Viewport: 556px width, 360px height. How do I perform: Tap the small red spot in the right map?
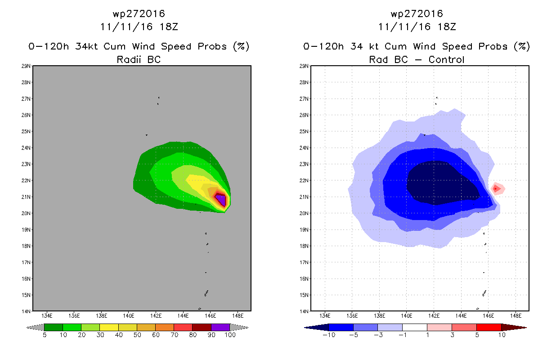pos(495,189)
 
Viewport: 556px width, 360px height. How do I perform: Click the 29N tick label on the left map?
pos(26,66)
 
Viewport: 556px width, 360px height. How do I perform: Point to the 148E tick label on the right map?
pos(516,316)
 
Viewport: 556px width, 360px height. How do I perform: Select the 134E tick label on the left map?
pos(47,316)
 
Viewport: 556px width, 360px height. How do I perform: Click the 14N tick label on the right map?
pos(304,311)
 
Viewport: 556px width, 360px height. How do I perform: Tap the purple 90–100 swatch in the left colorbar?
pos(220,327)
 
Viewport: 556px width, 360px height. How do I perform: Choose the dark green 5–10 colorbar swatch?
pos(54,327)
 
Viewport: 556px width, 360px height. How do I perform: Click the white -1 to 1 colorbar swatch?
pos(414,327)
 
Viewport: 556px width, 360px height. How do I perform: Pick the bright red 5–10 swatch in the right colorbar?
pos(489,327)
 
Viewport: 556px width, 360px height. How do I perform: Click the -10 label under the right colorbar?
pos(329,335)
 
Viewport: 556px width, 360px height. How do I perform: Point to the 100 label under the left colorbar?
pos(230,335)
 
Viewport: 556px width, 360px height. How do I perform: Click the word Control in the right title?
pos(446,59)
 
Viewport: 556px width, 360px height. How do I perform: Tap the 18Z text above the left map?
pos(169,27)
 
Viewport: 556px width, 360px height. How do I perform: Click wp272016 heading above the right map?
pos(417,13)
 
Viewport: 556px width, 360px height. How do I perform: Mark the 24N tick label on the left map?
pos(26,148)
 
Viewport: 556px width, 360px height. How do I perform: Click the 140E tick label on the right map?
pos(407,316)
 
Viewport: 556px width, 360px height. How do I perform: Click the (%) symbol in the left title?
pos(241,46)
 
